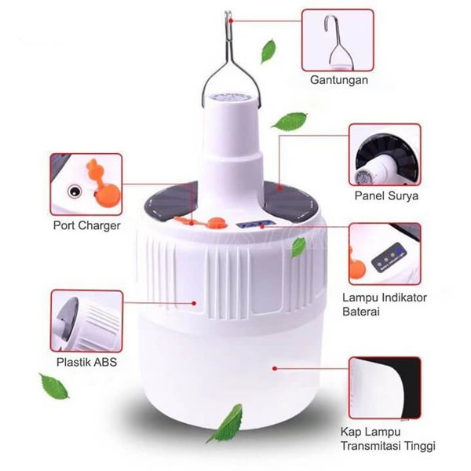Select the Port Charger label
pyautogui.click(x=87, y=226)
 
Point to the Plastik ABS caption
pyautogui.click(x=87, y=362)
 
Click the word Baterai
pyautogui.click(x=362, y=312)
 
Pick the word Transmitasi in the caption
pyautogui.click(x=373, y=447)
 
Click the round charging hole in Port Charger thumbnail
pyautogui.click(x=75, y=190)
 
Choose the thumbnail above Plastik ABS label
pyautogui.click(x=87, y=321)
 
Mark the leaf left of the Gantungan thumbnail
pyautogui.click(x=269, y=52)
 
